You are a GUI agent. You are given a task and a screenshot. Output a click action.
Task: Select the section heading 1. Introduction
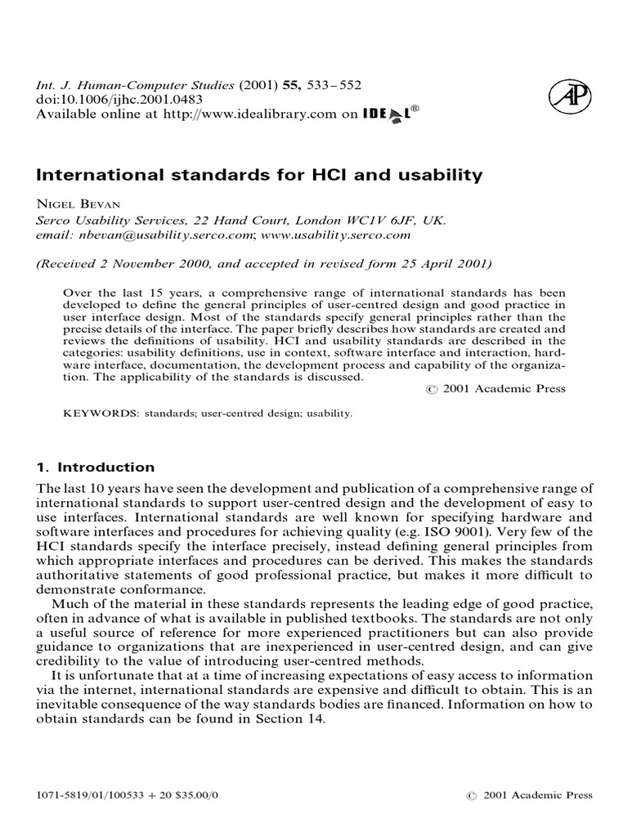pyautogui.click(x=96, y=468)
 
